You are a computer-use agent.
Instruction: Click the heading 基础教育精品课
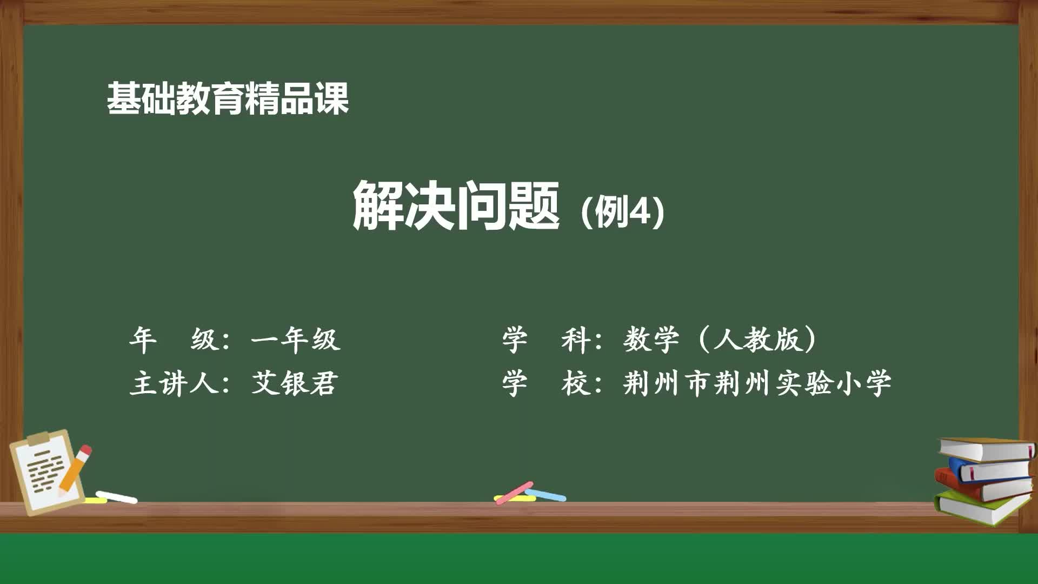coord(228,98)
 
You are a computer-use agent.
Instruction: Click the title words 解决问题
coord(456,206)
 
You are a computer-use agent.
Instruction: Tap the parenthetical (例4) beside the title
coord(622,211)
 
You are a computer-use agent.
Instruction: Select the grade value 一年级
coord(296,340)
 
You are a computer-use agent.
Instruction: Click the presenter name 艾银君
coord(295,383)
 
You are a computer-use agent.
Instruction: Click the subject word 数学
coord(651,340)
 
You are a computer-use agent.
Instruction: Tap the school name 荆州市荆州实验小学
coord(757,383)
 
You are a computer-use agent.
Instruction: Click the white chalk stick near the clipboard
coord(116,496)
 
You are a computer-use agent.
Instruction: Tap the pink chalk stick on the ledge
coord(514,492)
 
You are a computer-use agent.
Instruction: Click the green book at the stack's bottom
coord(981,508)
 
